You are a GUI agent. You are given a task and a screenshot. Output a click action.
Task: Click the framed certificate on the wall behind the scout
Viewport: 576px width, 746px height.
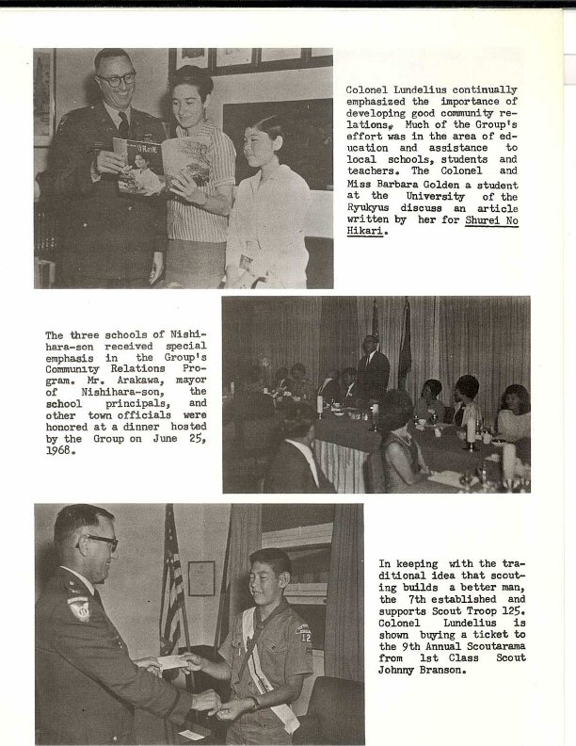(200, 577)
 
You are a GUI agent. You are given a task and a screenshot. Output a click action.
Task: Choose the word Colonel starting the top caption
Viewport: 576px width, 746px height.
(370, 89)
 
